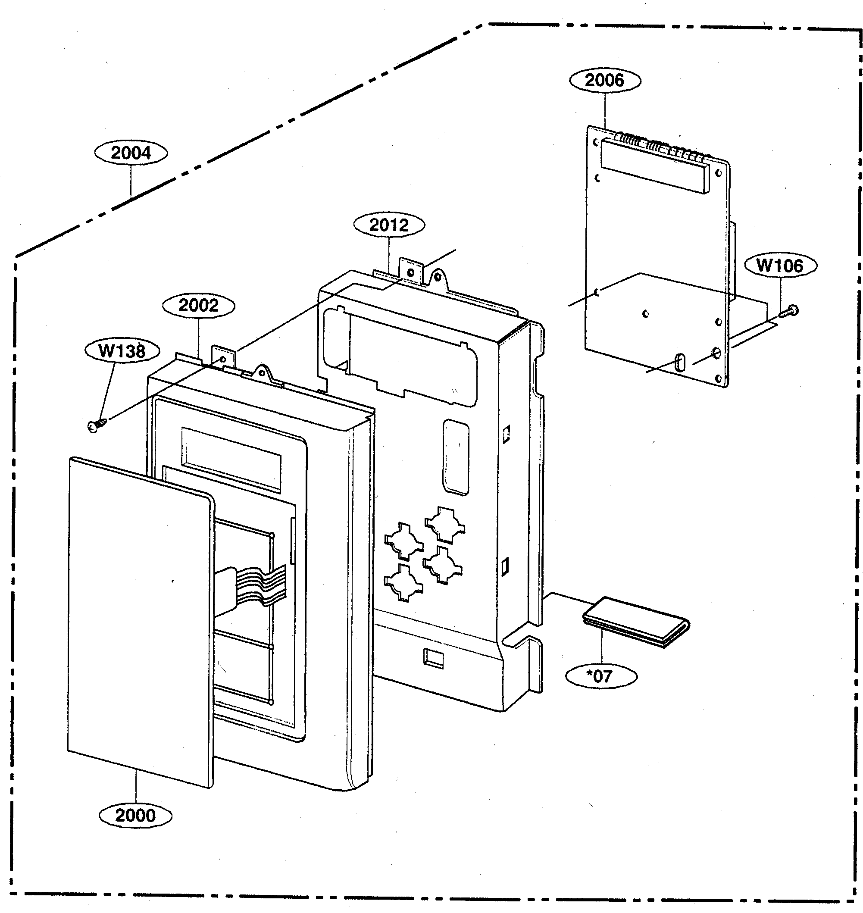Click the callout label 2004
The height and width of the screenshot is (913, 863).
pos(131,153)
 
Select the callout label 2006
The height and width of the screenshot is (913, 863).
pos(604,80)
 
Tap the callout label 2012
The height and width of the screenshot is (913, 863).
pos(389,225)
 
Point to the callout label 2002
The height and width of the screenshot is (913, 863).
pos(198,305)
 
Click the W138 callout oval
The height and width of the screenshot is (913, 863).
pos(122,351)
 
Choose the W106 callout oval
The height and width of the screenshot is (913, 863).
pos(780,266)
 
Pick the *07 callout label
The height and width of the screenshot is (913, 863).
pos(601,676)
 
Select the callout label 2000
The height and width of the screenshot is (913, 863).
pos(135,816)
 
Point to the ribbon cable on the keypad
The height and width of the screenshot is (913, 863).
pos(258,586)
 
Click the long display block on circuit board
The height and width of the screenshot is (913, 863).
pos(656,168)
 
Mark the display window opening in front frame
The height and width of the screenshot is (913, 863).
pos(231,460)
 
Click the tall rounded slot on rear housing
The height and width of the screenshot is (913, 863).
pos(456,457)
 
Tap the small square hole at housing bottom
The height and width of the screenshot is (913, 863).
pos(433,659)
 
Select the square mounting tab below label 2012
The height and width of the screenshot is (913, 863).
pos(410,272)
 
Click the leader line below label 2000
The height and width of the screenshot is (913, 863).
pos(136,787)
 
